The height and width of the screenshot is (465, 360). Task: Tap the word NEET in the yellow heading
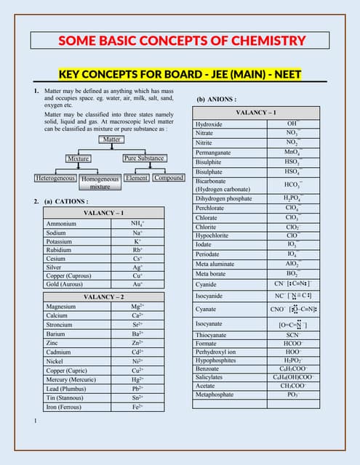pos(285,74)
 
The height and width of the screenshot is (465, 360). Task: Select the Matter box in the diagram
pos(111,139)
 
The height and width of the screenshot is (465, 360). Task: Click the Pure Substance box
pos(144,158)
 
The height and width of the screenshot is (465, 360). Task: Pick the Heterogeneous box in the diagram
pos(55,177)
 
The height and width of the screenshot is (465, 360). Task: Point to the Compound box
pos(168,177)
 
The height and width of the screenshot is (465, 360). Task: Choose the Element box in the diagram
pos(137,177)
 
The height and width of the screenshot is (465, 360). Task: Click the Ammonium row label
pos(61,224)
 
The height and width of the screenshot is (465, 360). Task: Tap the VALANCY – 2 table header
pos(103,297)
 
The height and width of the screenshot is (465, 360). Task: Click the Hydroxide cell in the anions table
pos(209,124)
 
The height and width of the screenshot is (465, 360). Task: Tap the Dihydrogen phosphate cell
pos(224,198)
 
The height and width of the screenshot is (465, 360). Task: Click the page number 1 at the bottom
pos(35,421)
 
